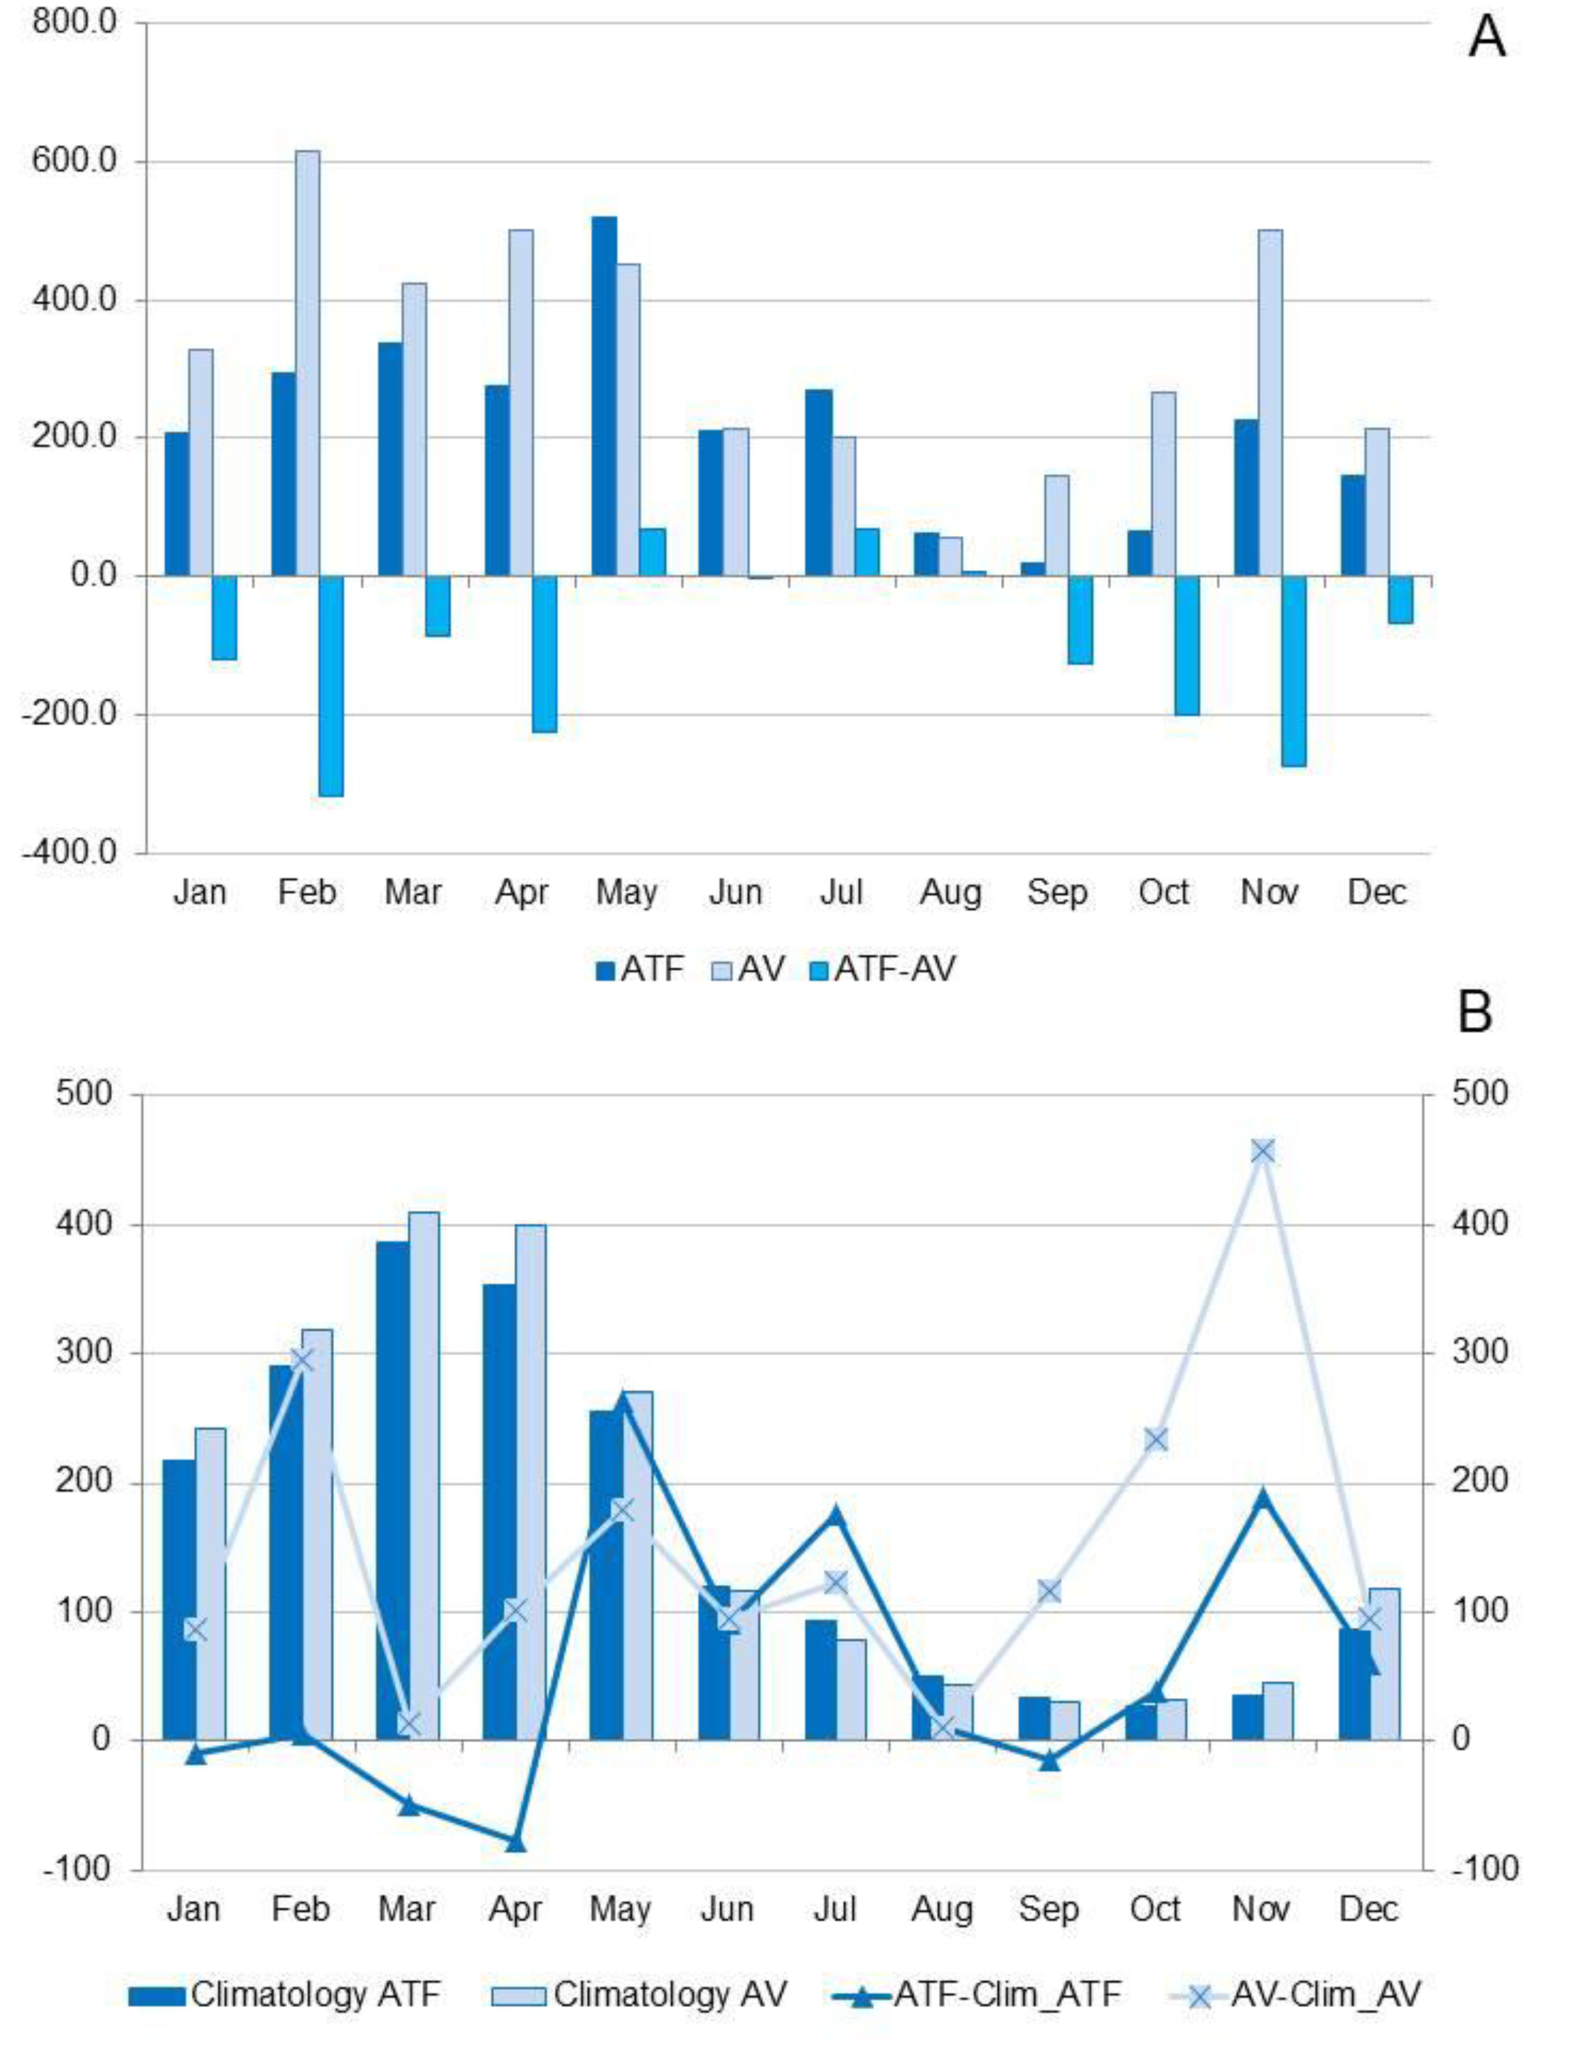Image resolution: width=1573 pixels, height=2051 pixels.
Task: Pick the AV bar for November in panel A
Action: coord(1269,403)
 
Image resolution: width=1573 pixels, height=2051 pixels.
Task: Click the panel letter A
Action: coord(1486,39)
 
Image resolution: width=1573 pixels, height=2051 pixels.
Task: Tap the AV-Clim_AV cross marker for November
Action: coord(1262,1151)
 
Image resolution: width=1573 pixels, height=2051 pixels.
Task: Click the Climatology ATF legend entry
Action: coord(286,1995)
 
